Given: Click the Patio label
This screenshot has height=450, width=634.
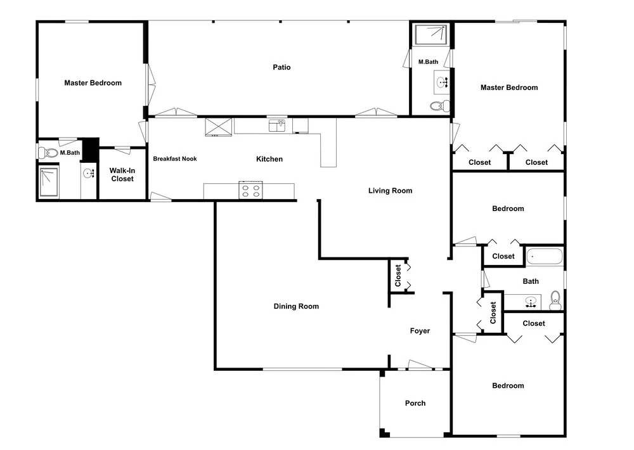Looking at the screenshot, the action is [281, 67].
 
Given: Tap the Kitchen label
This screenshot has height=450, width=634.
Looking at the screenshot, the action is [269, 159].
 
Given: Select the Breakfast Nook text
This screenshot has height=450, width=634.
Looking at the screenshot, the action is [175, 159].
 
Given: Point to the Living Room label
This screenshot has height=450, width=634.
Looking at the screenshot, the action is [390, 190].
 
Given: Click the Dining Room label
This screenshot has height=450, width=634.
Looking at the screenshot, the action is [296, 306].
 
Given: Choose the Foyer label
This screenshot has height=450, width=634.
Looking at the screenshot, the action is [420, 331].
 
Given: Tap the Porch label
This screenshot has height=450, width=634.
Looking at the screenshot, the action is [415, 403].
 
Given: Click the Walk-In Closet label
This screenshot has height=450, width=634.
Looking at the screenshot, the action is [122, 175].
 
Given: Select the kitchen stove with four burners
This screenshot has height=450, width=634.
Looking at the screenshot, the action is [250, 190].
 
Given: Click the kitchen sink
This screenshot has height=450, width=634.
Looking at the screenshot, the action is [277, 125].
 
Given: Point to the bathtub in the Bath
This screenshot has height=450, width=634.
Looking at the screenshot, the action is [544, 257].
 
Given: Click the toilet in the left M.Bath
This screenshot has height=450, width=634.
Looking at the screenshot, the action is [48, 153].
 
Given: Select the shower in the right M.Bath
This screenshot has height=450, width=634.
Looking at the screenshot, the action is [431, 35].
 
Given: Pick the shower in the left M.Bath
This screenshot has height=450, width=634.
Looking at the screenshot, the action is [49, 181].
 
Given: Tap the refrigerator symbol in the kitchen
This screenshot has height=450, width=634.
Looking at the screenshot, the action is [218, 127].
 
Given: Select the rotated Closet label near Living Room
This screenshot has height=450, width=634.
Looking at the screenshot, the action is [398, 275].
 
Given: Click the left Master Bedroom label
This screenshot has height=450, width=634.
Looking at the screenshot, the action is [93, 83].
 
